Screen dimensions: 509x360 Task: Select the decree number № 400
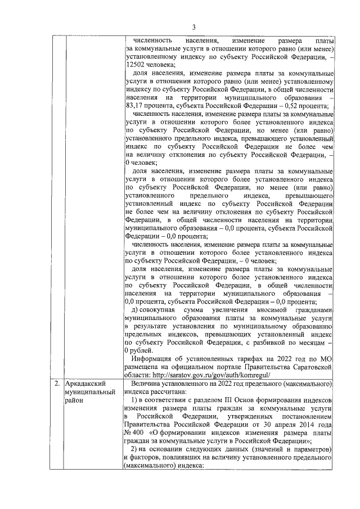point(135,435)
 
